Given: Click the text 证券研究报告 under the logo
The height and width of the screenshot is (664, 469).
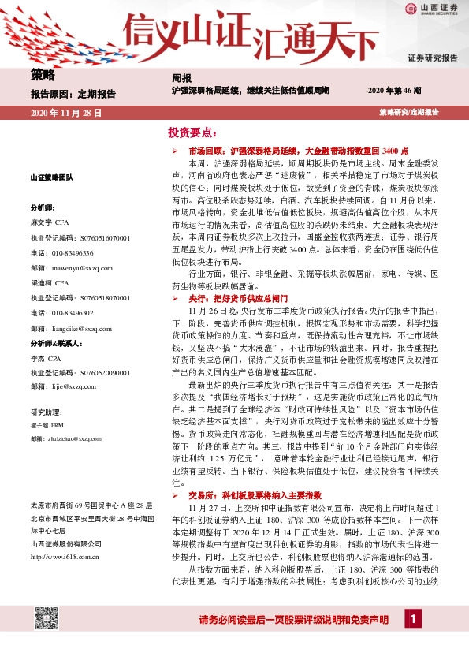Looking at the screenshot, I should pos(432,58).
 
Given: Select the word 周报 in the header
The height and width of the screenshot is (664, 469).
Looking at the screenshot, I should pos(181,79).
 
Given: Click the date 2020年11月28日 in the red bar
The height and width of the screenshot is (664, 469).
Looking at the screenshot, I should pos(66,113).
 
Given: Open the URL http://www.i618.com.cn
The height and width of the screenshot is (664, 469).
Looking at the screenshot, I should pos(64,557).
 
